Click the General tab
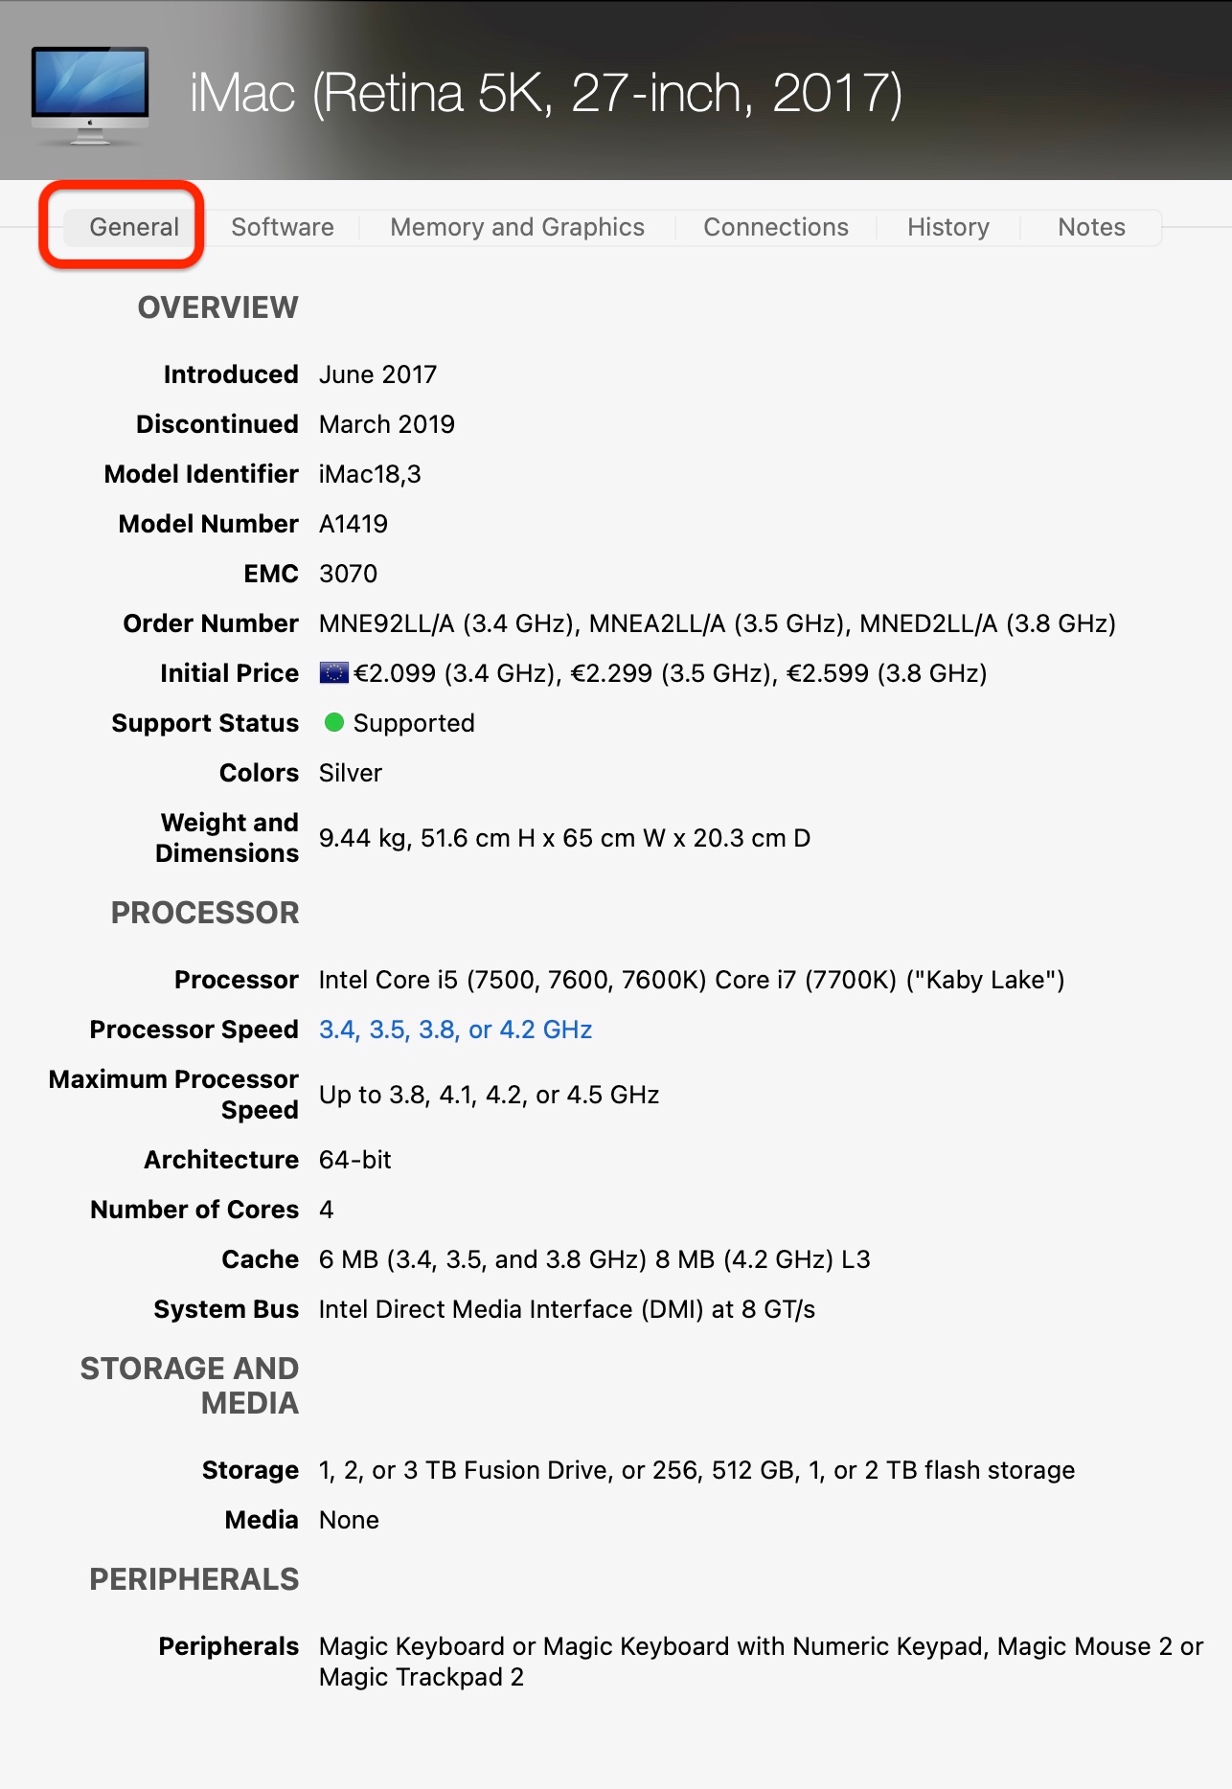point(134,227)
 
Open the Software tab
point(283,227)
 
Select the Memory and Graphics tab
point(517,227)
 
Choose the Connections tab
point(776,227)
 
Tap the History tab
point(948,227)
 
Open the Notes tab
point(1091,227)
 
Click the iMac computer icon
point(90,95)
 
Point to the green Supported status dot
point(333,722)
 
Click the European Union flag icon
point(333,672)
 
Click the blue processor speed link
point(455,1030)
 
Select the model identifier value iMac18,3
point(370,474)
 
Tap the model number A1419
point(354,524)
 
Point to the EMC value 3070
point(348,574)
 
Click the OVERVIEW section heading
point(218,307)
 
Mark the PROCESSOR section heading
point(205,913)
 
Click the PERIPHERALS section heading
point(194,1579)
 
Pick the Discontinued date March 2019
point(387,424)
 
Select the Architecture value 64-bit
point(354,1160)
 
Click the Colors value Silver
point(351,773)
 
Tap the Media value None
point(349,1520)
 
